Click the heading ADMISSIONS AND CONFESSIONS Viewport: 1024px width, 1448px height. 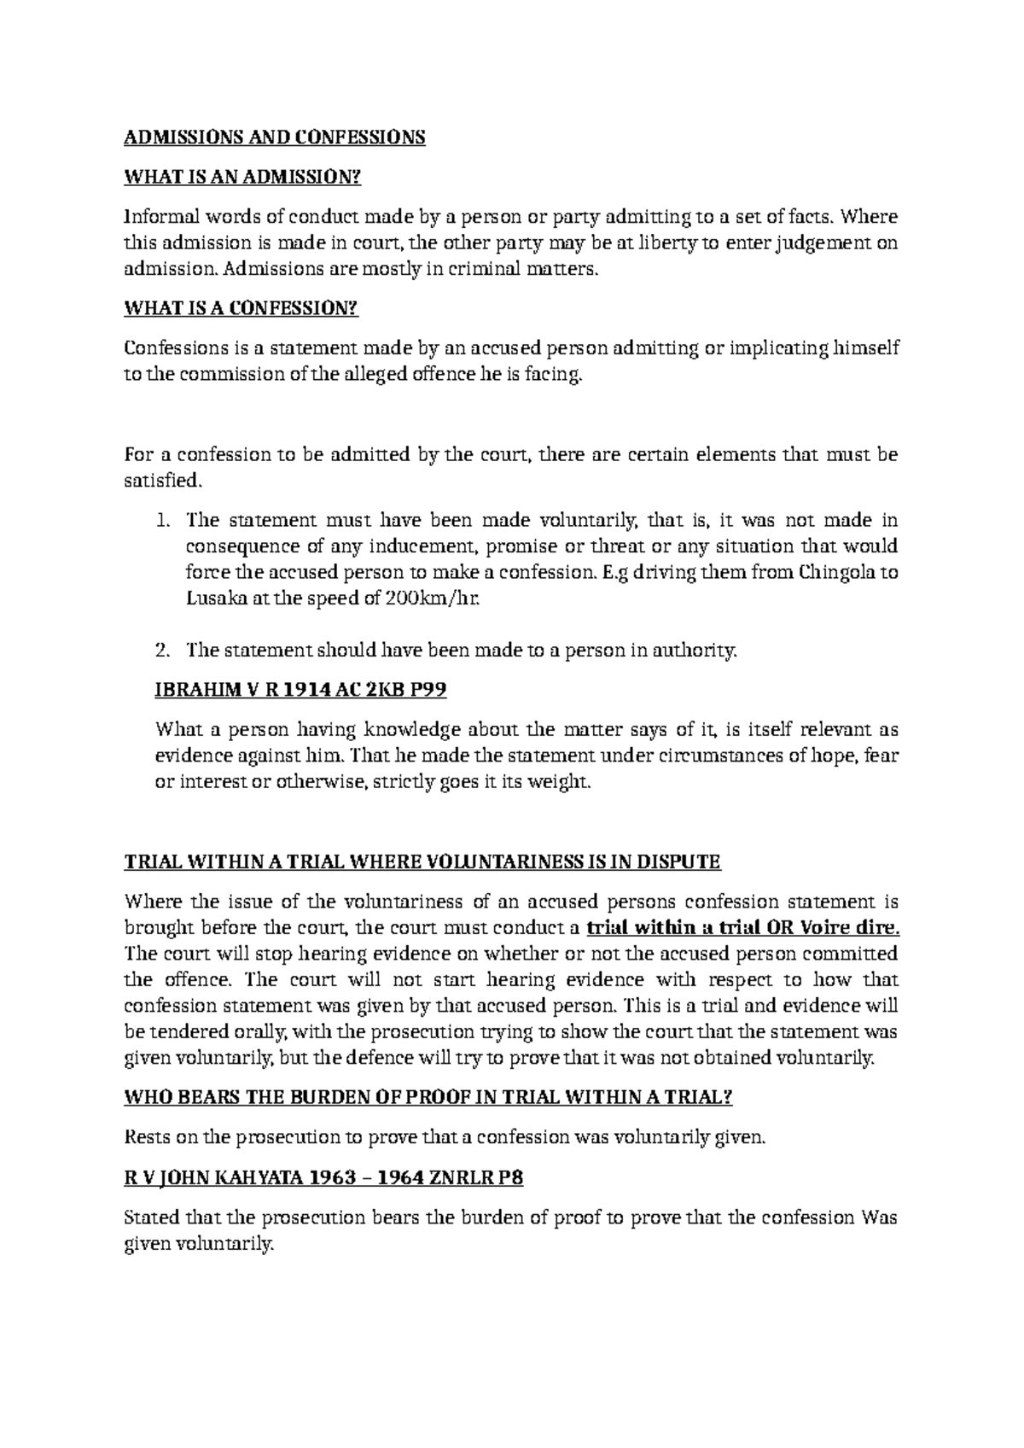[x=274, y=137]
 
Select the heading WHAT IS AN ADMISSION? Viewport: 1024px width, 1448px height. [x=243, y=178]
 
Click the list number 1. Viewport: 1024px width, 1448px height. [x=164, y=521]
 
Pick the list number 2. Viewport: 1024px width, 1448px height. [x=164, y=651]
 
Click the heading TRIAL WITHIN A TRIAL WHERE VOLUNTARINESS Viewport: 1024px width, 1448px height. [x=422, y=862]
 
